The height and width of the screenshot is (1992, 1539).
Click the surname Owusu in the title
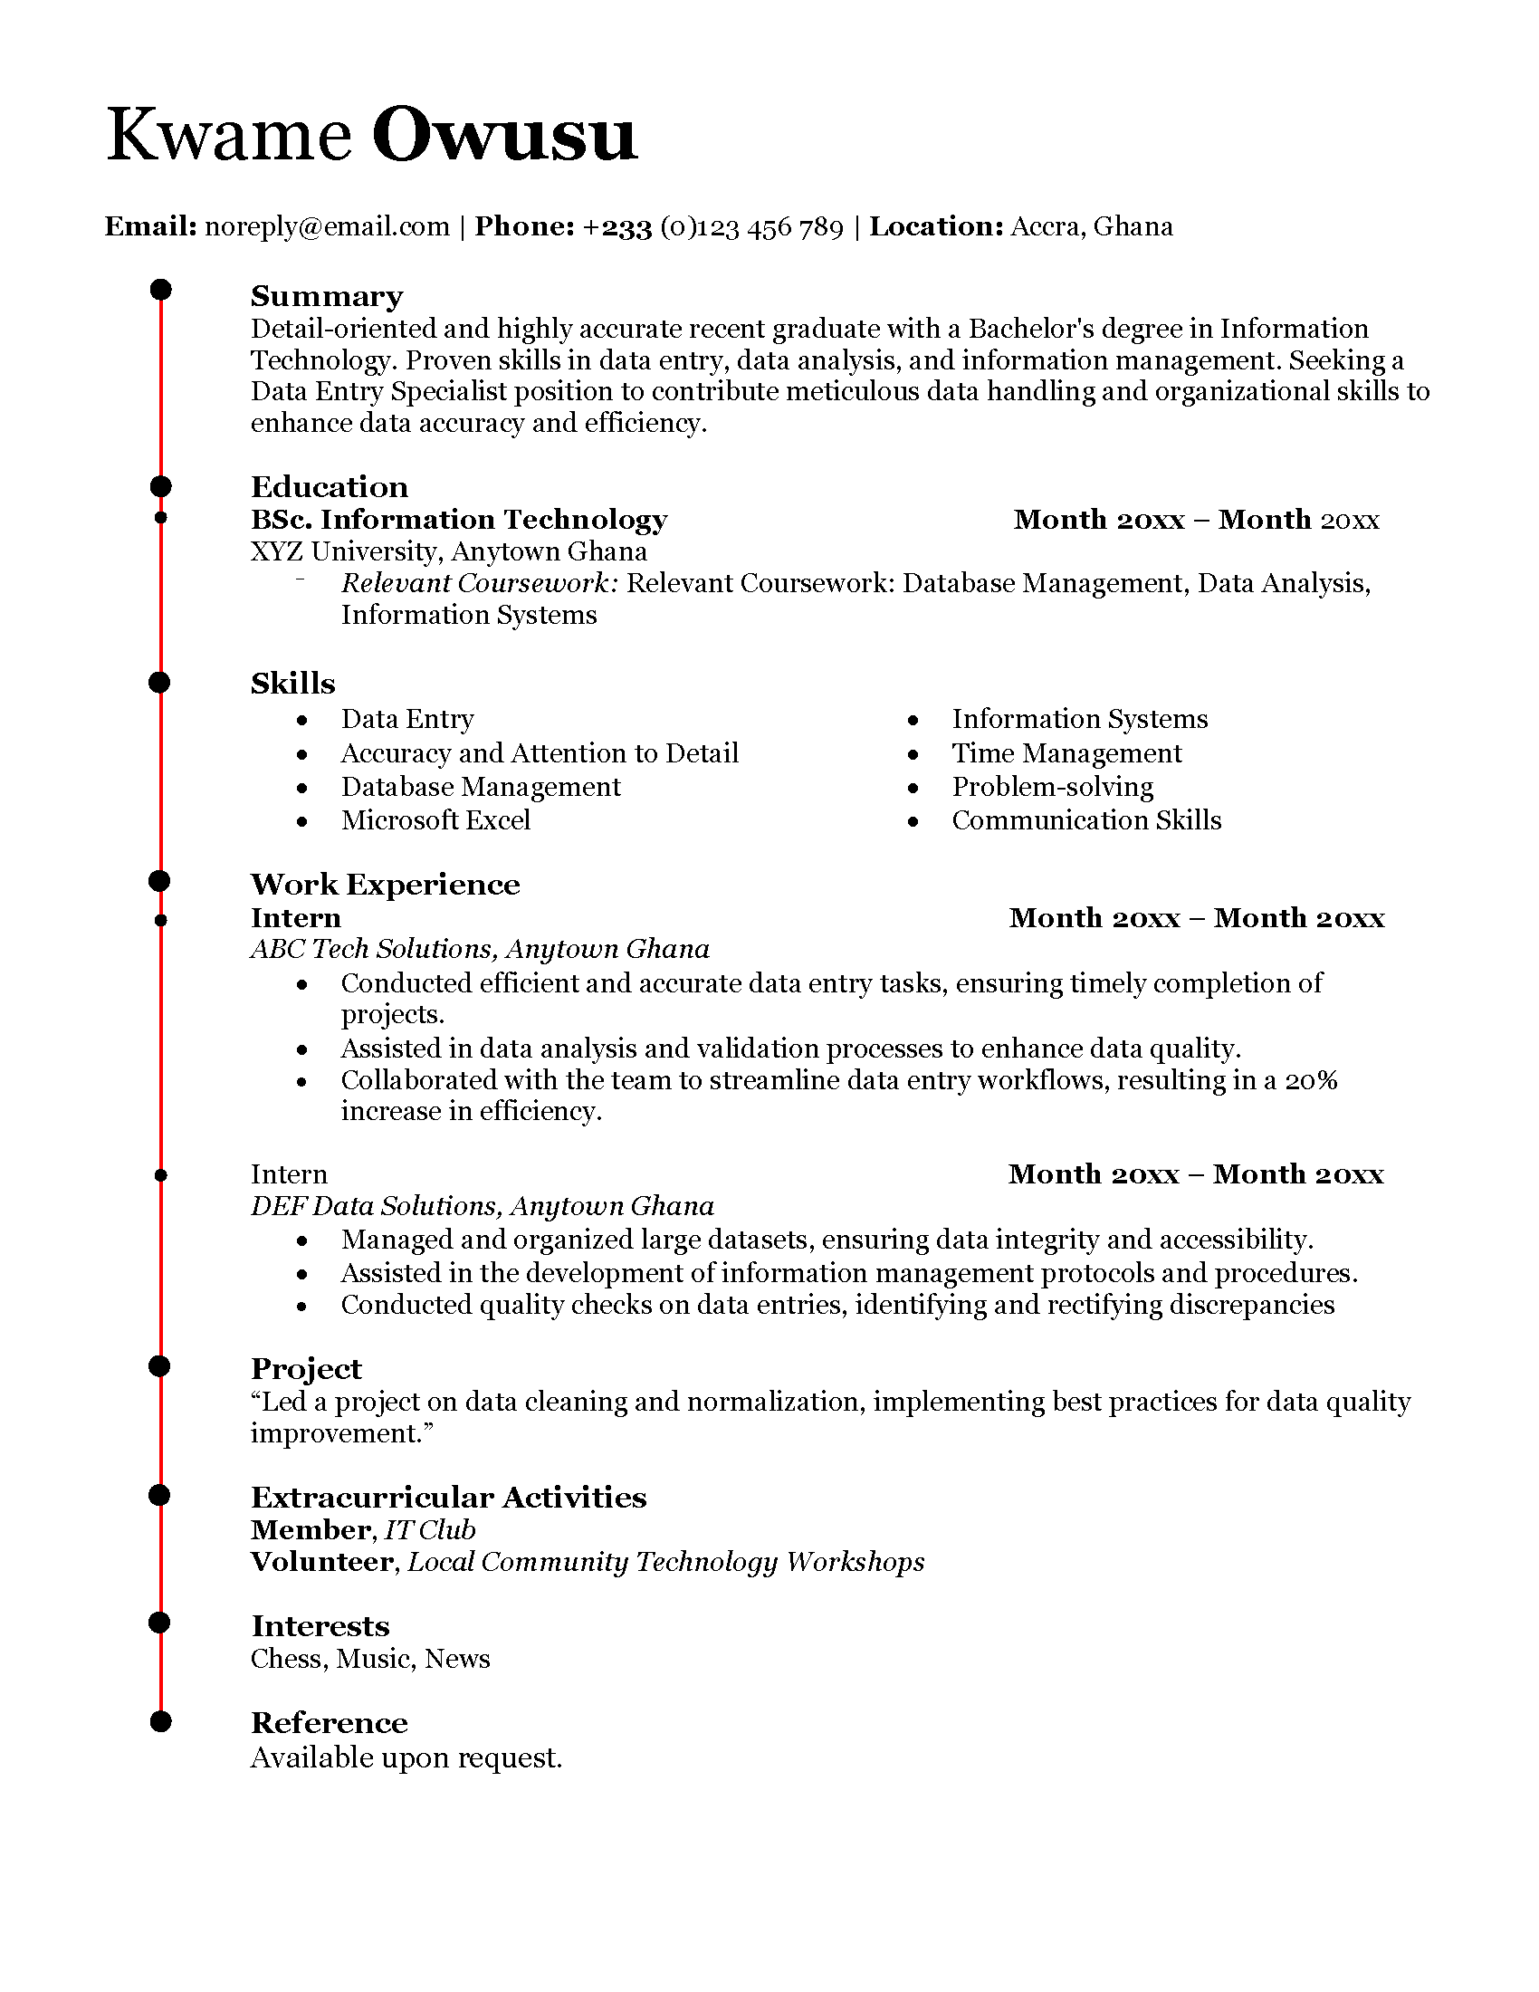[x=503, y=135]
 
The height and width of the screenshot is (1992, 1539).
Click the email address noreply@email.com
[x=328, y=226]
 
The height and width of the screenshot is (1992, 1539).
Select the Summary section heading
[x=327, y=296]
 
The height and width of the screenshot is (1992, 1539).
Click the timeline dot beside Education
[x=160, y=486]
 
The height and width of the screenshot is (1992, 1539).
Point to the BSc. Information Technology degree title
[x=459, y=519]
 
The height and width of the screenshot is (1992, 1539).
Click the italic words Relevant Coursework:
[x=480, y=583]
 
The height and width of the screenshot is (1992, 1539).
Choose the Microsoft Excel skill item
[x=435, y=820]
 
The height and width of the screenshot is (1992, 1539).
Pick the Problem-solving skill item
[x=1052, y=786]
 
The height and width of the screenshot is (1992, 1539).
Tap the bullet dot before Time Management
[x=913, y=754]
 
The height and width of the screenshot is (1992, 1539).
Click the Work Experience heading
[x=385, y=884]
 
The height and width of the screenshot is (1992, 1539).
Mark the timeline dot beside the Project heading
[x=160, y=1365]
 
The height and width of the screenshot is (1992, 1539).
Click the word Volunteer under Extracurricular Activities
[x=322, y=1562]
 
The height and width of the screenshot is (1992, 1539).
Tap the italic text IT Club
[x=429, y=1529]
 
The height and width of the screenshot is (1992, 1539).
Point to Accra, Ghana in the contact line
[x=1092, y=226]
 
